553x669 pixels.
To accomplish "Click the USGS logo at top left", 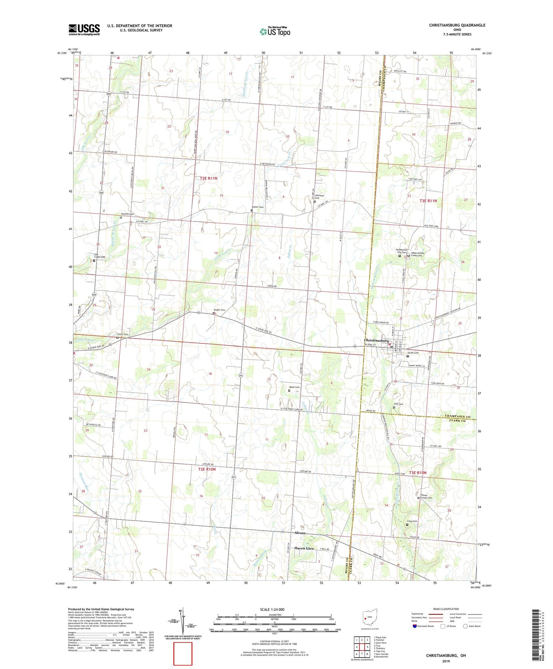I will [x=84, y=30].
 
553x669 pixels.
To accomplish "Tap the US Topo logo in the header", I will [x=275, y=32].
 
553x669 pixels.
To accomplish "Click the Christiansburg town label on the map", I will [x=376, y=340].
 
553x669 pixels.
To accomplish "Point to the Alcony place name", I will [x=300, y=533].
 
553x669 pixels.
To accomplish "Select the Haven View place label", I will [x=304, y=548].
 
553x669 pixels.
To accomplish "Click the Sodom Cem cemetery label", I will [x=258, y=207].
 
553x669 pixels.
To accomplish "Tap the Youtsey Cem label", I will [x=128, y=214].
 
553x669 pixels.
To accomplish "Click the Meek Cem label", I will [x=294, y=387].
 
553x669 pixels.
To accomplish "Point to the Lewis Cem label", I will [x=123, y=334].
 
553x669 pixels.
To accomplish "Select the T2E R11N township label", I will [x=209, y=178].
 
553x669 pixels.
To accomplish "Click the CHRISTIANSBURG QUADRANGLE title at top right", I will [x=457, y=25].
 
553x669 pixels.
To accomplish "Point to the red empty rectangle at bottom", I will [x=183, y=654].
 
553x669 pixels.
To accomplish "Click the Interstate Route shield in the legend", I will [x=414, y=626].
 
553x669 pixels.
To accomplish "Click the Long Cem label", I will [x=412, y=521].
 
